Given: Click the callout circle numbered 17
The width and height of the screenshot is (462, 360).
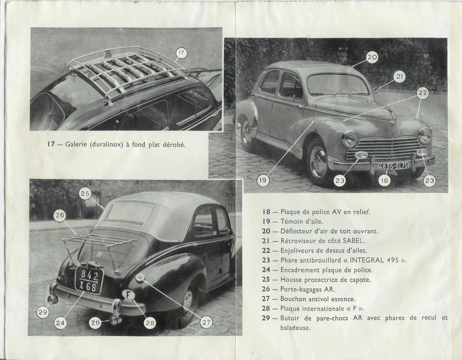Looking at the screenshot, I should click(181, 53).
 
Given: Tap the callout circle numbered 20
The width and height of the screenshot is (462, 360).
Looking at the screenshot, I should click(372, 58).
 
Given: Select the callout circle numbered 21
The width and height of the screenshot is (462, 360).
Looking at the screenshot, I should click(399, 77).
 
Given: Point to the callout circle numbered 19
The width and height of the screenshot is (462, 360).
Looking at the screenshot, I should click(263, 180).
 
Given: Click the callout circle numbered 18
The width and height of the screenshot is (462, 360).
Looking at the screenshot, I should click(384, 180).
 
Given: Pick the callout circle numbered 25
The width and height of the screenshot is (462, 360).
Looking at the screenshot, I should click(85, 194).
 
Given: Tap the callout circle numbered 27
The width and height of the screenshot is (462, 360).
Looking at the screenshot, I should click(207, 322).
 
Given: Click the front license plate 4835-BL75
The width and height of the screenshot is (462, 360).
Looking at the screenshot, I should click(393, 166).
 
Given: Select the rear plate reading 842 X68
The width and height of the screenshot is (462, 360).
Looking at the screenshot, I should click(89, 280).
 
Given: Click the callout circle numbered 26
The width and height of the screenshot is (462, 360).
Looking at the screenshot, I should click(60, 216).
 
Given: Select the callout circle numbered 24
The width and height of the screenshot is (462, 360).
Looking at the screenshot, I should click(60, 323).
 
